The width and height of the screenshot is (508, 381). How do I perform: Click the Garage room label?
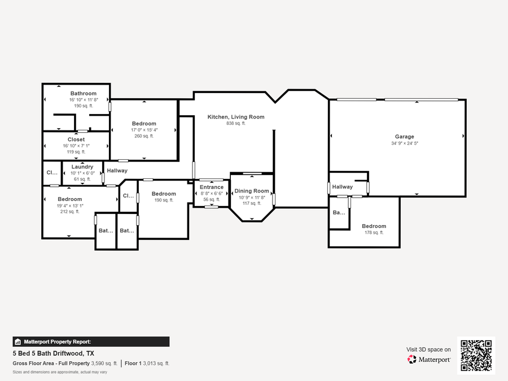(404, 137)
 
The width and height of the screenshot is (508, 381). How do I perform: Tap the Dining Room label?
(252, 191)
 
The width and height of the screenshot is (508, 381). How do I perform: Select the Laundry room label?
(82, 167)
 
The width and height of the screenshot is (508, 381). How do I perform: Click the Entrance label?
(212, 187)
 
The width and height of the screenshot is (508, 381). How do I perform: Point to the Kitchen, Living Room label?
(236, 117)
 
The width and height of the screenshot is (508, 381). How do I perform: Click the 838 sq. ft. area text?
(236, 124)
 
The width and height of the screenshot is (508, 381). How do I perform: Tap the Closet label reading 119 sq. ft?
(76, 139)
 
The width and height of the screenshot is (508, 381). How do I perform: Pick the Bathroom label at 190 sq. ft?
(83, 93)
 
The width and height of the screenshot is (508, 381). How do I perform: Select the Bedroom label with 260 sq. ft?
(144, 124)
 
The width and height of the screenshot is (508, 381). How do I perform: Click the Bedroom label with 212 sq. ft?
(69, 199)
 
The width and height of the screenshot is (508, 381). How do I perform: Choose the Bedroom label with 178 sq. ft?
(374, 226)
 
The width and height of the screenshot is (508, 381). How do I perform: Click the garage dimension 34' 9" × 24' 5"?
(404, 143)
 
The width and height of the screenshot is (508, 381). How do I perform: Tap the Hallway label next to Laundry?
(117, 170)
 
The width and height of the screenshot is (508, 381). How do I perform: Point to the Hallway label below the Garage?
(342, 187)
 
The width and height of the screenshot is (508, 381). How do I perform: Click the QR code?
(476, 356)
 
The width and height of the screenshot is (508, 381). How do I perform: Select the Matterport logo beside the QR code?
(429, 360)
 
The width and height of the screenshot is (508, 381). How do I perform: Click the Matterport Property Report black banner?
(91, 341)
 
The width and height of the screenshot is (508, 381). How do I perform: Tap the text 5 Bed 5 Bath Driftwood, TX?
(54, 353)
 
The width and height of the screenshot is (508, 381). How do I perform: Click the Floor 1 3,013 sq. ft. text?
(147, 364)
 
